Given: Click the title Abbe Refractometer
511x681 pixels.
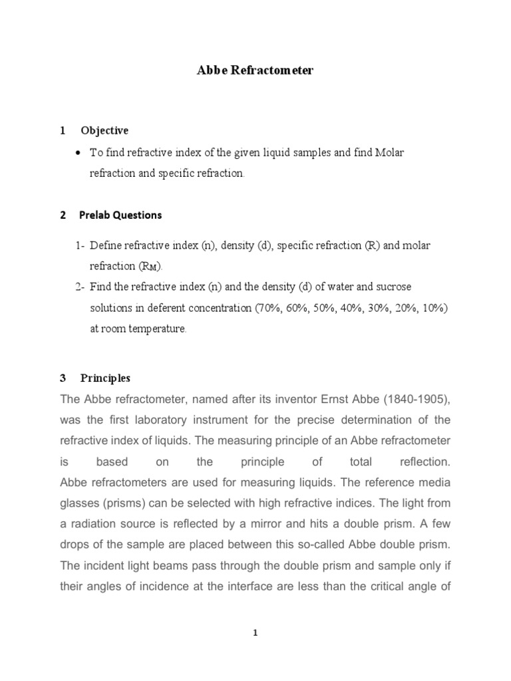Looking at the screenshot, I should [x=255, y=70].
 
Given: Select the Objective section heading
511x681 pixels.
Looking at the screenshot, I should [x=104, y=130].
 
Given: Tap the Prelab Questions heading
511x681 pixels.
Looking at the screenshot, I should [x=121, y=215].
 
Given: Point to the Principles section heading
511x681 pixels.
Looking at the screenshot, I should [x=106, y=378].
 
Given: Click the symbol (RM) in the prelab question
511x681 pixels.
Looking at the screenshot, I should [x=150, y=267].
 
